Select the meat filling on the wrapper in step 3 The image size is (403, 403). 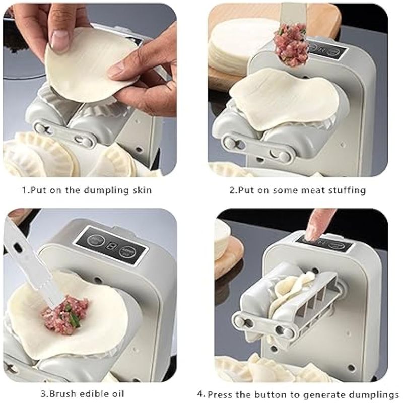pyautogui.click(x=65, y=315)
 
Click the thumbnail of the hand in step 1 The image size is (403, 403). pyautogui.click(x=59, y=39)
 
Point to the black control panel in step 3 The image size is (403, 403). pyautogui.click(x=111, y=245)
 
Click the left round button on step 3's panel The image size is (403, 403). pyautogui.click(x=96, y=241)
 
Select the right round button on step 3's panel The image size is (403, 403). pyautogui.click(x=128, y=253)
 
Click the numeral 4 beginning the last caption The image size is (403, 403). pyautogui.click(x=200, y=394)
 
